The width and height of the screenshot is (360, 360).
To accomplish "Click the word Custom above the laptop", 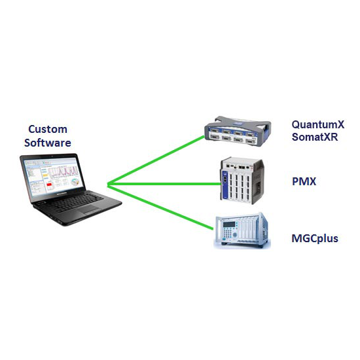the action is tap(48, 129).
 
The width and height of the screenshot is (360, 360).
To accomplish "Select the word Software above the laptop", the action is tap(48, 143).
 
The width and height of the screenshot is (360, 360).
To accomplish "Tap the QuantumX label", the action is tap(318, 124).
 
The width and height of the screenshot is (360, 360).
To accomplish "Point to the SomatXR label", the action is tap(315, 137).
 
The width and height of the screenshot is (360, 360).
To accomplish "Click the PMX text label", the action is tap(304, 181).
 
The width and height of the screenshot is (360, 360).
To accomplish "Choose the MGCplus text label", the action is tap(315, 238).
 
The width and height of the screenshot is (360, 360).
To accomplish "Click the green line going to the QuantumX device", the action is tap(156, 160).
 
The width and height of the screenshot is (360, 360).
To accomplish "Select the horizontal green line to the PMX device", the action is tap(164, 184).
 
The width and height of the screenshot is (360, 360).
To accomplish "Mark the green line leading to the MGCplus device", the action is tap(160, 207).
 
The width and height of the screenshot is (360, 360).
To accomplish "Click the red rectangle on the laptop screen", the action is tap(49, 185).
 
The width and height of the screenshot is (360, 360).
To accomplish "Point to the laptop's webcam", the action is tap(52, 156).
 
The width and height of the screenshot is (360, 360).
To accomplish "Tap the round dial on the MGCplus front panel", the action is tap(234, 234).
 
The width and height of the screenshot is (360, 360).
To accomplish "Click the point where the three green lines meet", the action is tap(107, 184).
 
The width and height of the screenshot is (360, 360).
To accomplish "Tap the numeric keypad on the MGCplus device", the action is tap(227, 233).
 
